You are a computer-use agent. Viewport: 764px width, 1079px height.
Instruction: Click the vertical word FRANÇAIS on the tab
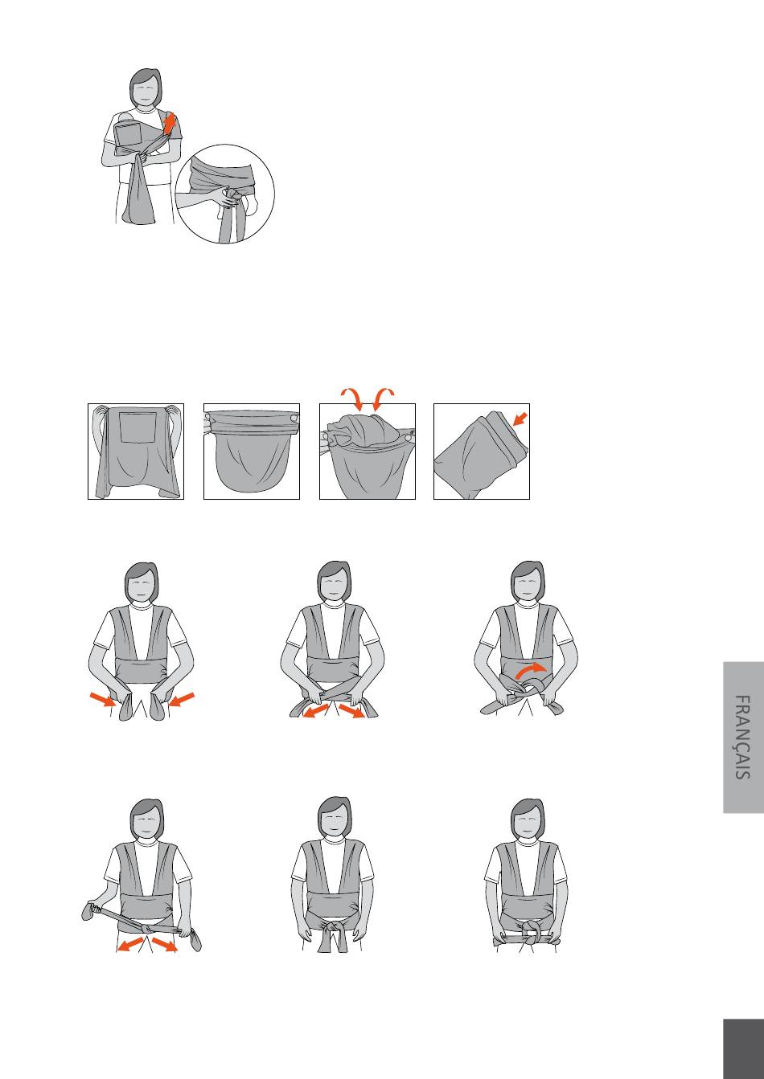743,737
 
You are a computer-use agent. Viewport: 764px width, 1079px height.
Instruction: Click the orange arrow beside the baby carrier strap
169,123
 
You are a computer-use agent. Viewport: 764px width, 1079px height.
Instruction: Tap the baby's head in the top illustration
126,117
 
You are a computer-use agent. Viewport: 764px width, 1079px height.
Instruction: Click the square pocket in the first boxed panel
138,427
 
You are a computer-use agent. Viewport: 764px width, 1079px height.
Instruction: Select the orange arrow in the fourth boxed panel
520,419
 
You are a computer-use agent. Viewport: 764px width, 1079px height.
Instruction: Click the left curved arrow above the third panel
352,398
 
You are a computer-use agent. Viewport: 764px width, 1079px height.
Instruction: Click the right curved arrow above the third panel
383,398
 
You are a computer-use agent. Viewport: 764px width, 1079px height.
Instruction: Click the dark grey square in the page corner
743,1048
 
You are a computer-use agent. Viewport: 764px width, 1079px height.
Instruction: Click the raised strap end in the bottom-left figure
89,909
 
